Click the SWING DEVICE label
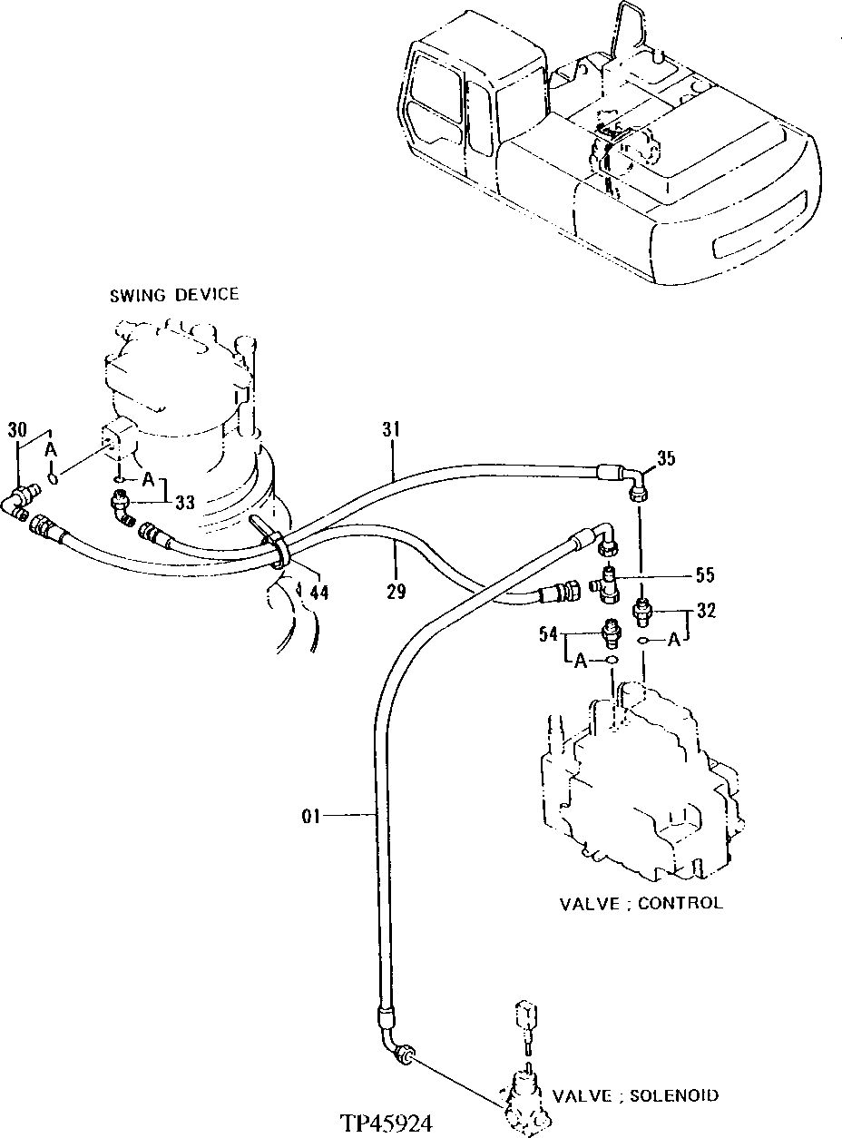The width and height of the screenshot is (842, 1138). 174,294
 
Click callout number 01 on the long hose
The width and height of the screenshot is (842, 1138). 312,817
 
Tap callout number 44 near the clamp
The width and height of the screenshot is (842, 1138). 318,592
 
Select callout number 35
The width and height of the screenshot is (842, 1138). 667,459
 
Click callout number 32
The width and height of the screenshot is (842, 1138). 706,611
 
